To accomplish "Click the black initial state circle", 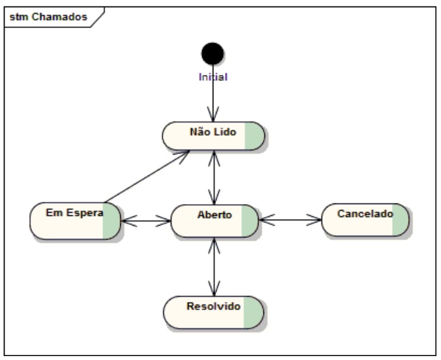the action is [213, 53].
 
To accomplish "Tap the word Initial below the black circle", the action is [213, 77].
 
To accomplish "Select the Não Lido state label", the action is [213, 132].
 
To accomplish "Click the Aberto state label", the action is [215, 215].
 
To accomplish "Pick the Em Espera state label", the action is [74, 213].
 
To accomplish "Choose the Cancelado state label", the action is [365, 214].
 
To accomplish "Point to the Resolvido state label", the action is [213, 307].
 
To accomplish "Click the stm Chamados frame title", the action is [48, 17].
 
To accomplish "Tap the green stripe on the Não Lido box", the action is [254, 136].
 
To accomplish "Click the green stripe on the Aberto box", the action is [249, 221].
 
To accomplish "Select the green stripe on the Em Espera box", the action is [112, 221].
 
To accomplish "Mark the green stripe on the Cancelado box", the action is [400, 220].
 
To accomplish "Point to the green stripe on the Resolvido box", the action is [253, 312].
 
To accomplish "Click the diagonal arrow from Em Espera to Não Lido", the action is [147, 176].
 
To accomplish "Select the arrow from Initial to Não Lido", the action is [213, 93].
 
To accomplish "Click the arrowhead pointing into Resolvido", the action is [214, 288].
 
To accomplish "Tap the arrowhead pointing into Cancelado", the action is [314, 220].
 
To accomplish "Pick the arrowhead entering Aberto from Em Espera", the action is [163, 221].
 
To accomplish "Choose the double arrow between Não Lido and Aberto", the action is [214, 177].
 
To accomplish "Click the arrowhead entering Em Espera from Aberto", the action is [129, 221].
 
